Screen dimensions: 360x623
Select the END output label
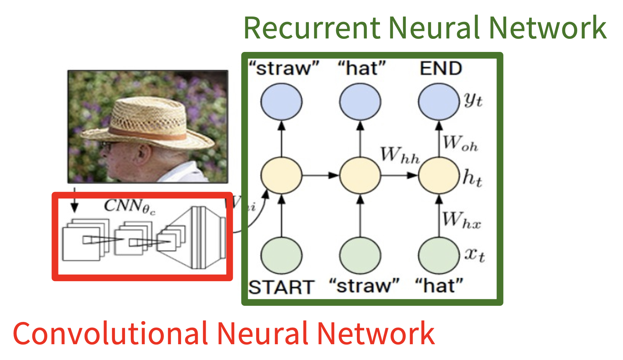pyautogui.click(x=441, y=68)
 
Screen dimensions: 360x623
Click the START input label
pyautogui.click(x=281, y=287)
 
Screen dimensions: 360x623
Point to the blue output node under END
pyautogui.click(x=439, y=102)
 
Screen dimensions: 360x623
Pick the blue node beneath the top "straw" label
pyautogui.click(x=281, y=102)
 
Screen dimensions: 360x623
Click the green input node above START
pyautogui.click(x=281, y=255)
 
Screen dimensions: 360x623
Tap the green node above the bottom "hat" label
pyautogui.click(x=439, y=255)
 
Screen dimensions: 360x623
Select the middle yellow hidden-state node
pyautogui.click(x=360, y=175)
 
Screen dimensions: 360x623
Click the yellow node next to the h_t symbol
pyautogui.click(x=439, y=175)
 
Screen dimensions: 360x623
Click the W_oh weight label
pyautogui.click(x=460, y=143)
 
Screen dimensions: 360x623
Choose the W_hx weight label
pyautogui.click(x=461, y=220)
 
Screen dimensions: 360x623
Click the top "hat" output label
pyautogui.click(x=361, y=68)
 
